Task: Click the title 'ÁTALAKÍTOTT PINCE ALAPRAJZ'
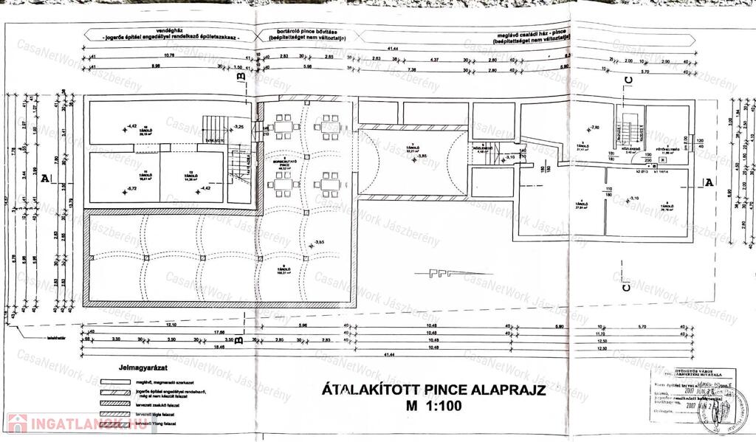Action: pos(434,390)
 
